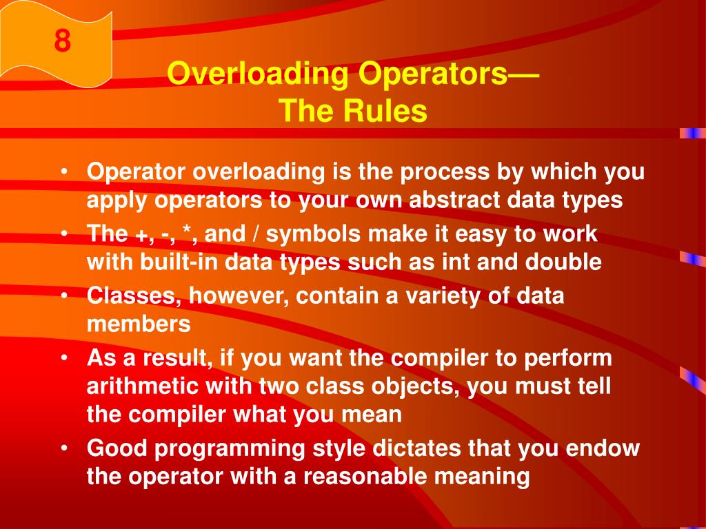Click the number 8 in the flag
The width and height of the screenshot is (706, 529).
pos(62,41)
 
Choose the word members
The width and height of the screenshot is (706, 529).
pos(138,324)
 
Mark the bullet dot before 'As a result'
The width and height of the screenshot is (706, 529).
pos(63,359)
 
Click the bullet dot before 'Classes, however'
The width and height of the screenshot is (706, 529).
pos(63,297)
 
